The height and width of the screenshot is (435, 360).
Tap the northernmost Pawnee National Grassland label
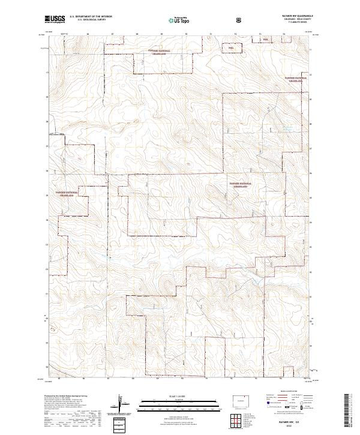[160, 52]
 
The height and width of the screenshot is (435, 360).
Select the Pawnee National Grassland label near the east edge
[296, 80]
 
